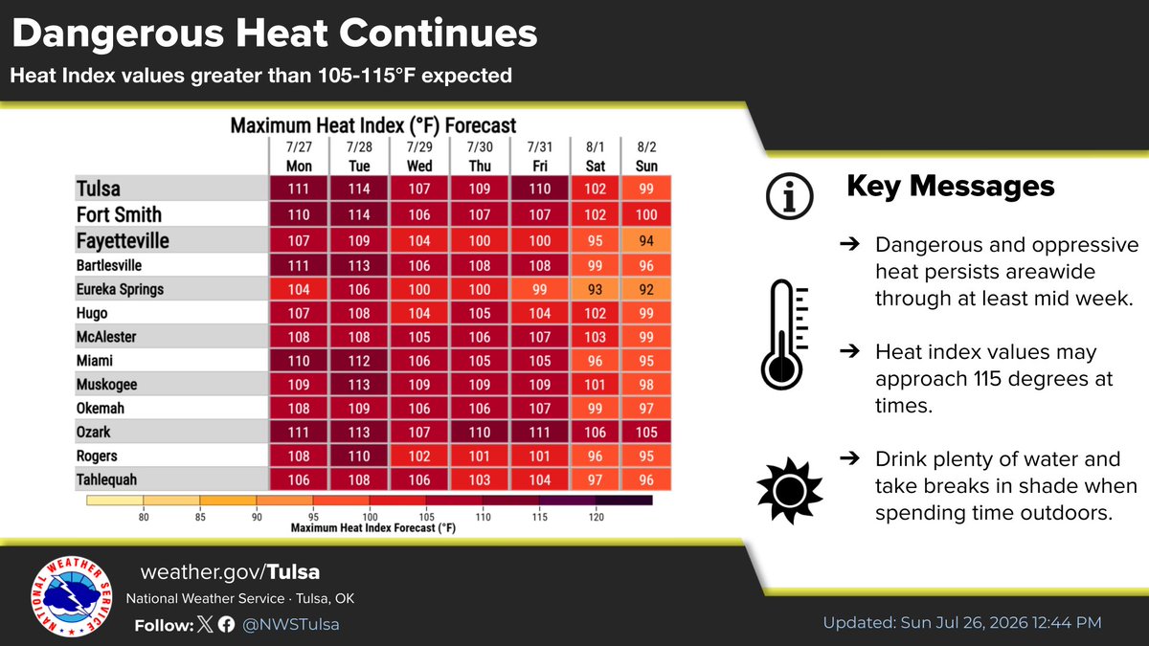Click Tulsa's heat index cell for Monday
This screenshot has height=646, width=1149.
point(298,189)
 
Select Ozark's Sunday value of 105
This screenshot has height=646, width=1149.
point(645,433)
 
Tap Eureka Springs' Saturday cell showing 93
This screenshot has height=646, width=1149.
point(595,290)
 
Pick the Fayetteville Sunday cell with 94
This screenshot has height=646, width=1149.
point(645,240)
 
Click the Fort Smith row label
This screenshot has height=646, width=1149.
point(119,214)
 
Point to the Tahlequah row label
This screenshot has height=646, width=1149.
point(106,479)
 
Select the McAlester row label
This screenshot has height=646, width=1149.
point(106,337)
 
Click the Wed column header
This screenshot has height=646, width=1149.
point(419,167)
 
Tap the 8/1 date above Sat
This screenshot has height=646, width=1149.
point(595,147)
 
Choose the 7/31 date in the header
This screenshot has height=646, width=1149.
point(540,147)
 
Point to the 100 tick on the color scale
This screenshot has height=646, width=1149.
point(370,517)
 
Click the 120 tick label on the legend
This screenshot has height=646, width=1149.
point(596,517)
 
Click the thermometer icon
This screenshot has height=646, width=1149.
point(784,334)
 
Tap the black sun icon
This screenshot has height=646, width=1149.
point(789,491)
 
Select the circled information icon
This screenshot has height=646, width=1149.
point(789,196)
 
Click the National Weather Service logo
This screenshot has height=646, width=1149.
point(71,597)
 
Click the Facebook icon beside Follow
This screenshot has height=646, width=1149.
point(226,624)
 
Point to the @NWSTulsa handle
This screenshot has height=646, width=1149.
point(291,624)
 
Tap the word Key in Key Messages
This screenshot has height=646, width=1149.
point(873,187)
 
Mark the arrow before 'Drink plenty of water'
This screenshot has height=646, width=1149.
point(849,457)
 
